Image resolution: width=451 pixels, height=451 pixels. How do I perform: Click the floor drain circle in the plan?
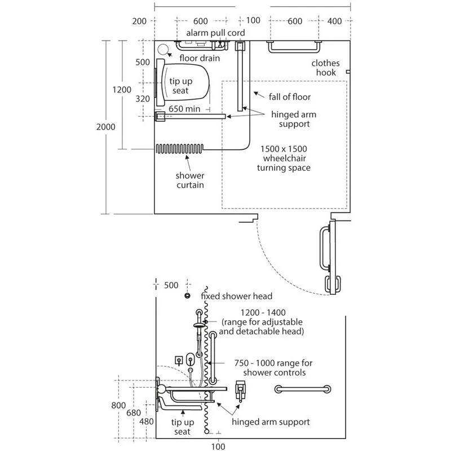tap(163, 50)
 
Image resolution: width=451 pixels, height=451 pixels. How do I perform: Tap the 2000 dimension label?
tap(106, 127)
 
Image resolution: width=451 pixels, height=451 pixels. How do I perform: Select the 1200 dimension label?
tap(122, 90)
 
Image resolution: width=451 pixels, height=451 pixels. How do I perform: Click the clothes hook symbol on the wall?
tap(348, 72)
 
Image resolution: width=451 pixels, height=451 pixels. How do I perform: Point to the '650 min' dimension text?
tap(184, 109)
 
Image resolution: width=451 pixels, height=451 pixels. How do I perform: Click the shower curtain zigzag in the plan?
tap(179, 149)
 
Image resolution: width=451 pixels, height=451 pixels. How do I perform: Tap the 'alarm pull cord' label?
tap(215, 33)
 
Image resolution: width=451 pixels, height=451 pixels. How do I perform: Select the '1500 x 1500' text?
tap(284, 149)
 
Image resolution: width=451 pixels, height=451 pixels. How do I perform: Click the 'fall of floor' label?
tap(290, 97)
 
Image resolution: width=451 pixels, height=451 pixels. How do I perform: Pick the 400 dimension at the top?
tap(334, 21)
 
